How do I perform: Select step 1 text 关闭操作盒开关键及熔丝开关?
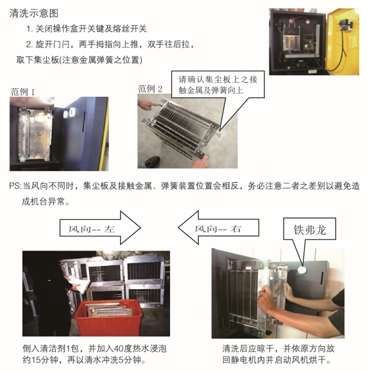87,29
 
